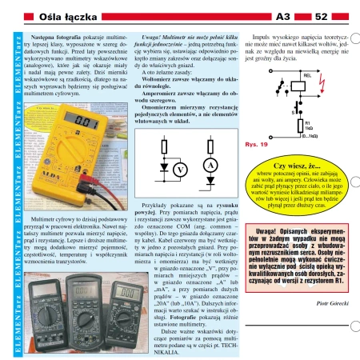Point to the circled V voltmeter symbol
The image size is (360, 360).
(181, 170)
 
